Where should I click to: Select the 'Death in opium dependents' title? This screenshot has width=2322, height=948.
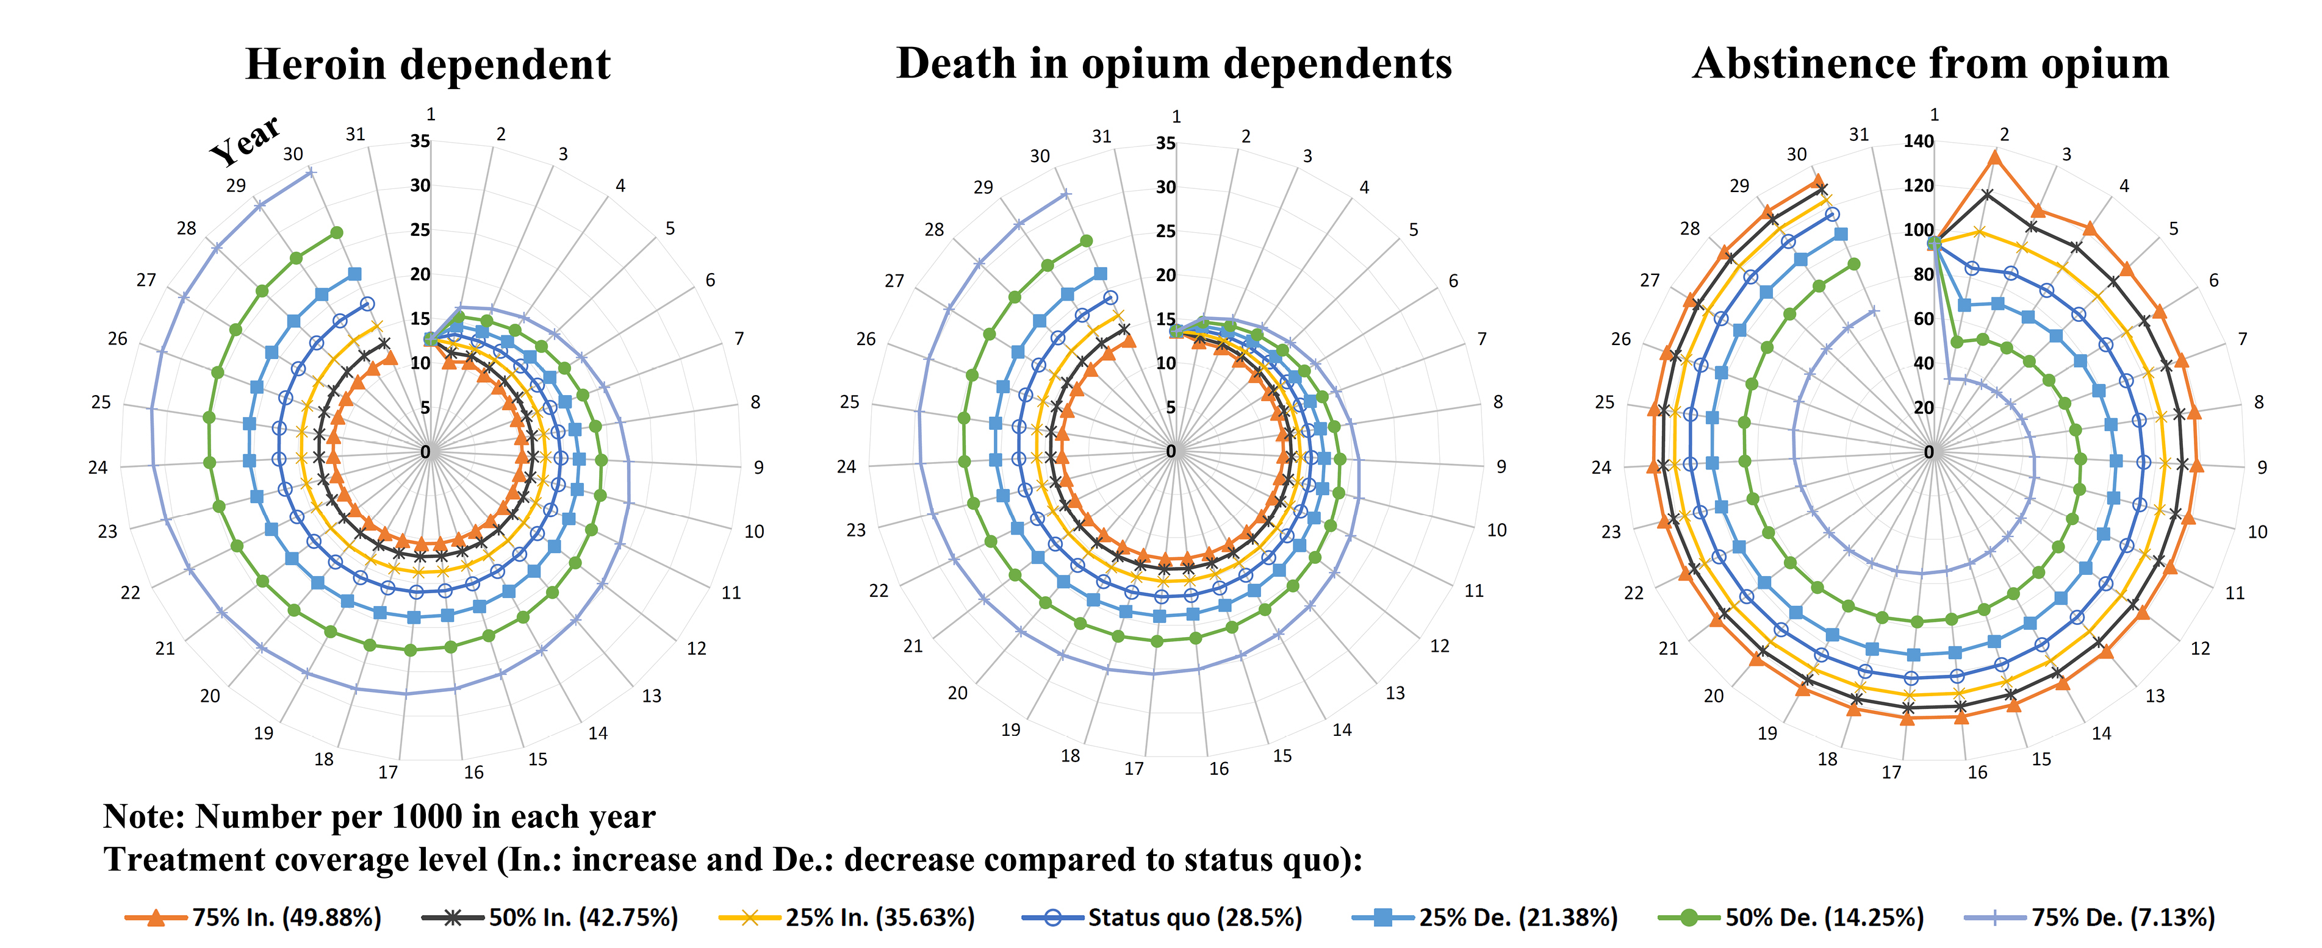(1174, 64)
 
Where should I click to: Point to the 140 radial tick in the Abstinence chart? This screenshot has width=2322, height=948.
(1918, 141)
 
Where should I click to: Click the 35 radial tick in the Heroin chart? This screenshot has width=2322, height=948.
(420, 141)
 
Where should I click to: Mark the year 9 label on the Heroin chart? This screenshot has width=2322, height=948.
(758, 468)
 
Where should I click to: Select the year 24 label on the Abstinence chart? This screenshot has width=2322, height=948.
(1600, 468)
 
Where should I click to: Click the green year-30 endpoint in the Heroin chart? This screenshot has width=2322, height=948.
(336, 232)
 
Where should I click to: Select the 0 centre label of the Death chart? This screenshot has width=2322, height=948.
(1170, 452)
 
